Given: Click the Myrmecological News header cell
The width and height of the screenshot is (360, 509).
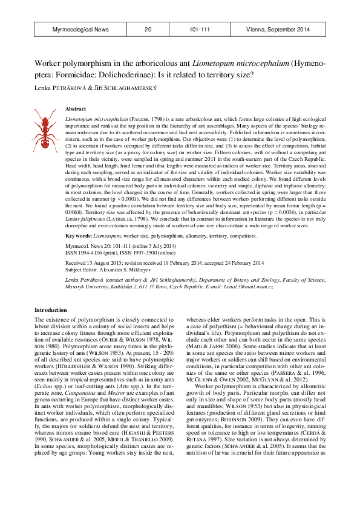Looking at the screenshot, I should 80,29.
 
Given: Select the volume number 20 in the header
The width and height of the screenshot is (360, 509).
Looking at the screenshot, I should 148,29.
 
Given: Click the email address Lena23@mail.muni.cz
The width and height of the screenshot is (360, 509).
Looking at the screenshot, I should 250,286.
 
